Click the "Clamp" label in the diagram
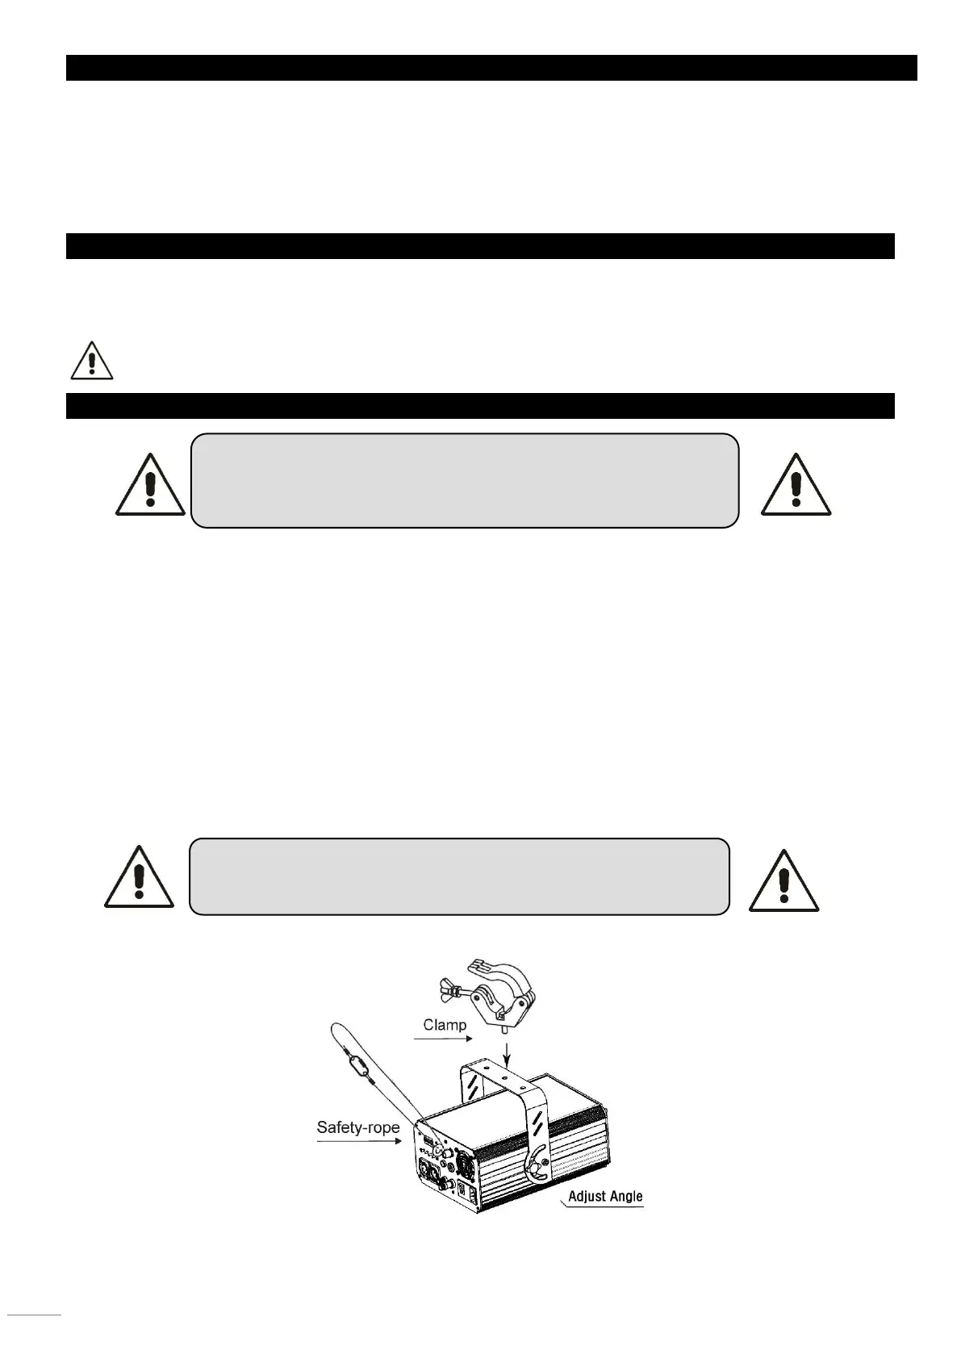tap(445, 1025)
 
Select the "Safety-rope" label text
tap(357, 1127)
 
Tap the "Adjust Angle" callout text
tap(605, 1196)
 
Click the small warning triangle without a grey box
tap(92, 361)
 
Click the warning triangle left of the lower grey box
tap(139, 877)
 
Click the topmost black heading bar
tap(491, 68)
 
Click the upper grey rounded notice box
tap(465, 480)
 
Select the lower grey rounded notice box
tap(459, 876)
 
